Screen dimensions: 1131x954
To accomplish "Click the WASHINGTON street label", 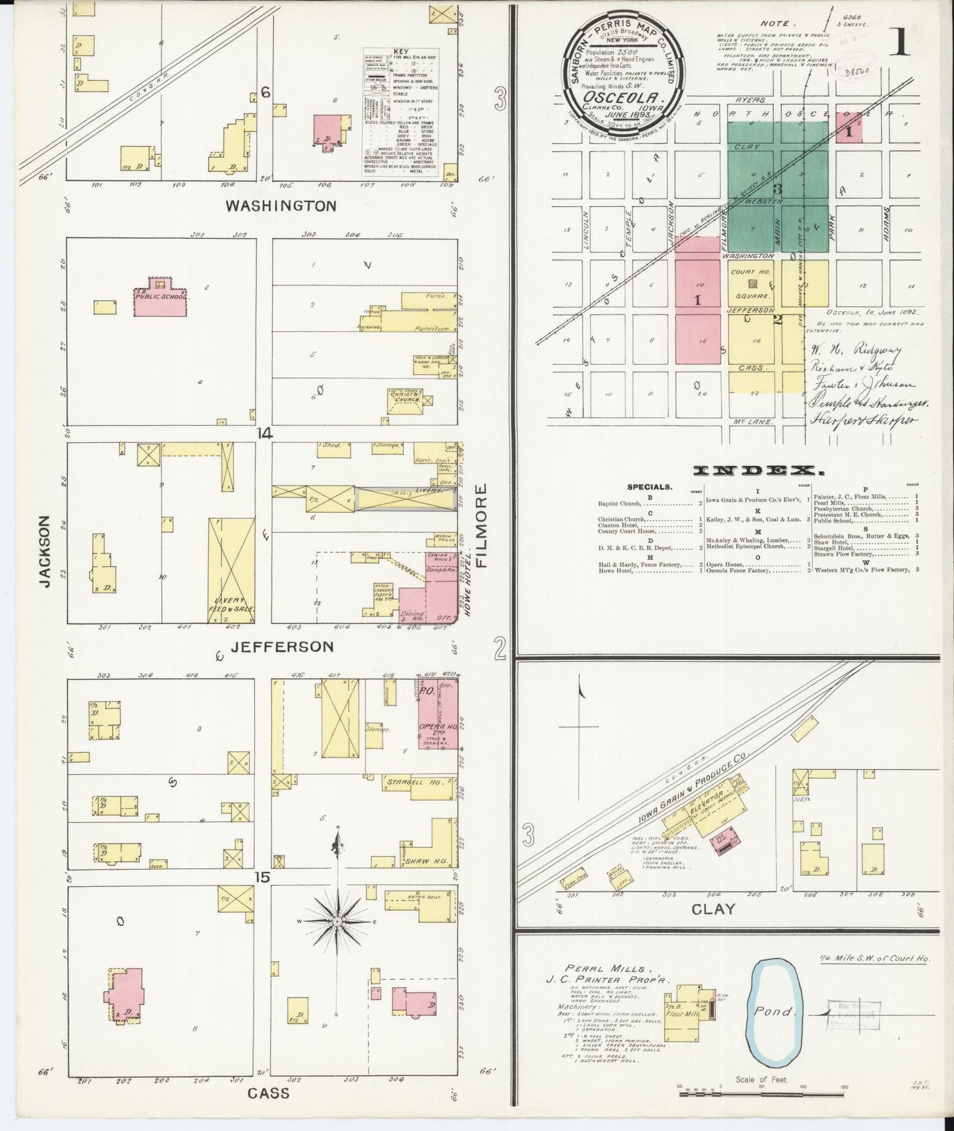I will [281, 206].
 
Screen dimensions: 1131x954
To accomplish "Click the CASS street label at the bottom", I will [269, 1093].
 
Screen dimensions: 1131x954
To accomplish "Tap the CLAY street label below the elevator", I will [714, 909].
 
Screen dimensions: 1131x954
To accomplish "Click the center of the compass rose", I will [337, 921].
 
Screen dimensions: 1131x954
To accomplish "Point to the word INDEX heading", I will [759, 470].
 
